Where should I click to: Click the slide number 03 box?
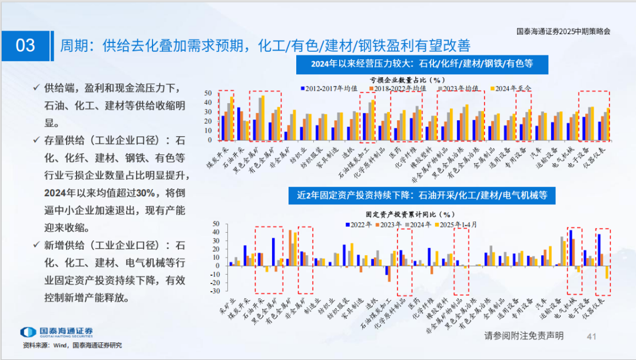pyautogui.click(x=25, y=45)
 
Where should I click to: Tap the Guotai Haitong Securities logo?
pyautogui.click(x=56, y=332)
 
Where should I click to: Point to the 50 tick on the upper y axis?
pyautogui.click(x=207, y=93)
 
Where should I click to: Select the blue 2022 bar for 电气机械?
pyautogui.click(x=571, y=247)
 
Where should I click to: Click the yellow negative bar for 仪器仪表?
pyautogui.click(x=607, y=272)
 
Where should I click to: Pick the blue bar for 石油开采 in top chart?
pyautogui.click(x=238, y=124)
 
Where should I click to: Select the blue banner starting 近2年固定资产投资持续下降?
pyautogui.click(x=418, y=194)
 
